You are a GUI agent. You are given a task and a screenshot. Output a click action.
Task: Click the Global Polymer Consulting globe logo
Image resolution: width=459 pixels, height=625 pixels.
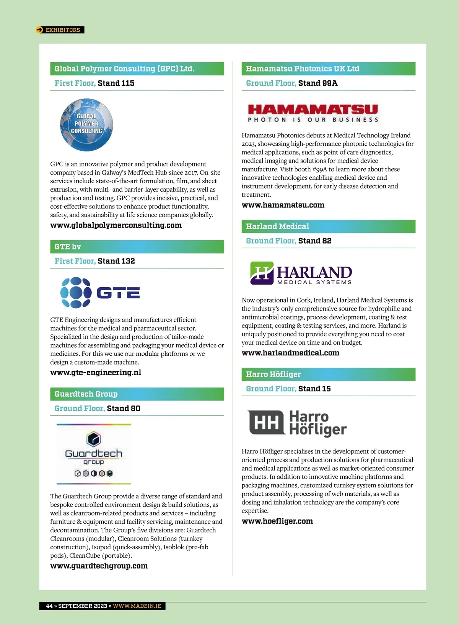pos(86,125)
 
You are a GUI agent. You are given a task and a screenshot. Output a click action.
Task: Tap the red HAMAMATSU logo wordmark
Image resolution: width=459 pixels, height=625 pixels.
pos(313,109)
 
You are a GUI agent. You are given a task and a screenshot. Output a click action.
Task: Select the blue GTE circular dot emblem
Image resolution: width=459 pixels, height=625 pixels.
pos(76,293)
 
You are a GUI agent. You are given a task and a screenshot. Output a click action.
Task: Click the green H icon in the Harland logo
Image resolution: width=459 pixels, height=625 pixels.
pos(262,273)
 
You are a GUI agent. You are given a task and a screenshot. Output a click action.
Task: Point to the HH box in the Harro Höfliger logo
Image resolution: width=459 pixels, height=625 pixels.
pos(266,423)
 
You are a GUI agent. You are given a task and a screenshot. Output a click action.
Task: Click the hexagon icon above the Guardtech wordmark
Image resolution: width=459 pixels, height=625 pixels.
pos(94,439)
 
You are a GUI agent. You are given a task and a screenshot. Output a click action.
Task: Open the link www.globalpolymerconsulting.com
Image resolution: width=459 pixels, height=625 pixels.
pos(116,225)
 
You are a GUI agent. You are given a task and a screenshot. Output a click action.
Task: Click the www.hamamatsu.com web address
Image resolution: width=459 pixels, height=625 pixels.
pos(283,205)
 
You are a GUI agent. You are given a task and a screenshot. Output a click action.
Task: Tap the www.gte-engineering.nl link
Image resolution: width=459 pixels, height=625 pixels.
pos(96,373)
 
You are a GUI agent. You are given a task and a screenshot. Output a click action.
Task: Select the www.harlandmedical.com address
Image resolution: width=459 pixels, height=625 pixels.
pos(290,353)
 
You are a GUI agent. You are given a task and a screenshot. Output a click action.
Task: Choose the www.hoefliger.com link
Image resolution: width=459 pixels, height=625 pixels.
pos(277,521)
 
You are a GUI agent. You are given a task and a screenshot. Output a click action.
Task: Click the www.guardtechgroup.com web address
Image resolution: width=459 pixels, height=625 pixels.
pos(99,566)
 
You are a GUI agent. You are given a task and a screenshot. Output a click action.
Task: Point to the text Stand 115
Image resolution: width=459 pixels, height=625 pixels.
pos(116,83)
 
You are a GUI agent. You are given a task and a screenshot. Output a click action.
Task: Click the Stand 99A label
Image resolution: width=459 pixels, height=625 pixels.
pos(318,83)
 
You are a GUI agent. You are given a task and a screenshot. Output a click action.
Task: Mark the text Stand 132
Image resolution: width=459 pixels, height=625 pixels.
pos(116,261)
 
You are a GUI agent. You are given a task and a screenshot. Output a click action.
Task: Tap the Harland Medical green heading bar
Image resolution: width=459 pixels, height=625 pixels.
pos(328,226)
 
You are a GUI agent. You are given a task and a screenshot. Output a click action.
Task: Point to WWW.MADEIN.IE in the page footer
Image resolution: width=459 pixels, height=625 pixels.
pos(137,606)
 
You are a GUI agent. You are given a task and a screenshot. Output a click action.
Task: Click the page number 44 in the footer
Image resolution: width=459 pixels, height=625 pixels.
pos(49,606)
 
